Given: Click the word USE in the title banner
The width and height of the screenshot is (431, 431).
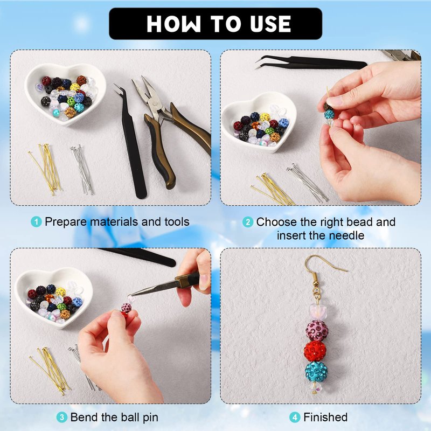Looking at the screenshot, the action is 270,24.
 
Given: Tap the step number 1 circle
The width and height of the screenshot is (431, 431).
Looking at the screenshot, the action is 36,221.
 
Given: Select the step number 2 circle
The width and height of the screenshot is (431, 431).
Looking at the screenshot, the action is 248,222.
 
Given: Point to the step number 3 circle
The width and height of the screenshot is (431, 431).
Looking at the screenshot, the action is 62,417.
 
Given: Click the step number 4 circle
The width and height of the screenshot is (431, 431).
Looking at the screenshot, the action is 295,418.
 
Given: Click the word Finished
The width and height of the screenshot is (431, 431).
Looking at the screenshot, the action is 325,417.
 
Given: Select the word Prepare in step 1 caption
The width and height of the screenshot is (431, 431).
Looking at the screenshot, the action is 66,222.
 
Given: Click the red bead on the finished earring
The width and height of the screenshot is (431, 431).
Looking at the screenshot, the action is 315,351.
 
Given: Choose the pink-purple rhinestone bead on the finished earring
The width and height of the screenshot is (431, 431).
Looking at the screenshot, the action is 317,330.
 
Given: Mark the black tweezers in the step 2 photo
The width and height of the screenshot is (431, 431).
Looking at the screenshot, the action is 311,62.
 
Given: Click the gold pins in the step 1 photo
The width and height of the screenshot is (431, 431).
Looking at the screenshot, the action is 45,169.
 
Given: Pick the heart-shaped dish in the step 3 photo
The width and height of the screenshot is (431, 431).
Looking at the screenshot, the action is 53,298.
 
